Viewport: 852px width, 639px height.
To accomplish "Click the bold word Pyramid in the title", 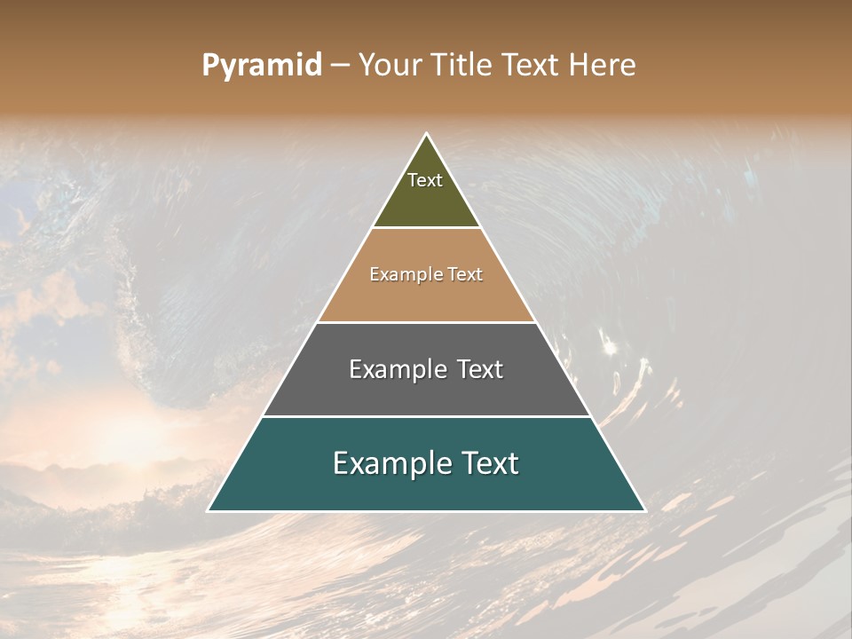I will tap(261, 66).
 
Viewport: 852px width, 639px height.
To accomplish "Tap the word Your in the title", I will tap(389, 66).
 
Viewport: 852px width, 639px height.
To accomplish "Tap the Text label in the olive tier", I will tap(425, 180).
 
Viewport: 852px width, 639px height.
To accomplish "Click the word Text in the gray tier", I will tap(480, 369).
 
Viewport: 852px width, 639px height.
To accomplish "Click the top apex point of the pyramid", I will tap(427, 134).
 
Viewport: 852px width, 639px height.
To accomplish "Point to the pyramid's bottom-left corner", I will tap(209, 510).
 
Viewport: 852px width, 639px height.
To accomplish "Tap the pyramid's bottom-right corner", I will tap(644, 510).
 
